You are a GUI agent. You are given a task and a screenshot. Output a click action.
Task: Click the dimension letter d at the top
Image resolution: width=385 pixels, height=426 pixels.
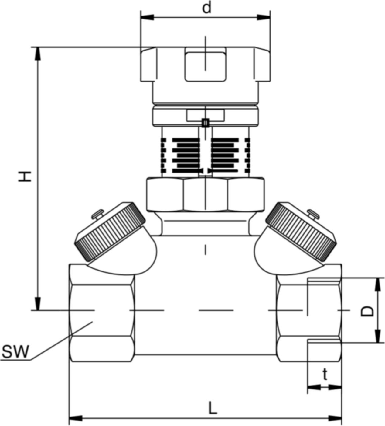click(206, 8)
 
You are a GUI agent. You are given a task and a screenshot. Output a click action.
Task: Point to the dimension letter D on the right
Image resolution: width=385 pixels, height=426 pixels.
click(367, 311)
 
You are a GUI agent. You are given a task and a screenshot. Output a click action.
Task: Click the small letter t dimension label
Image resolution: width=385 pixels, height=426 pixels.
click(325, 375)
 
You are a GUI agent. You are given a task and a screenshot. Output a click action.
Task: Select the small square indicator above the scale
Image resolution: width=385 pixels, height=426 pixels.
click(205, 123)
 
